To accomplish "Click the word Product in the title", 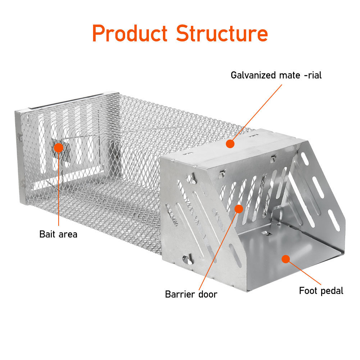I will click(130, 33).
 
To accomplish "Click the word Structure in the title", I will click(222, 33).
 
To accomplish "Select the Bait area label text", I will click(58, 234).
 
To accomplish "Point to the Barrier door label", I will click(191, 294).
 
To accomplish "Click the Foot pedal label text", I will click(321, 291).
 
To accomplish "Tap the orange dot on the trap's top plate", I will click(230, 144).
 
